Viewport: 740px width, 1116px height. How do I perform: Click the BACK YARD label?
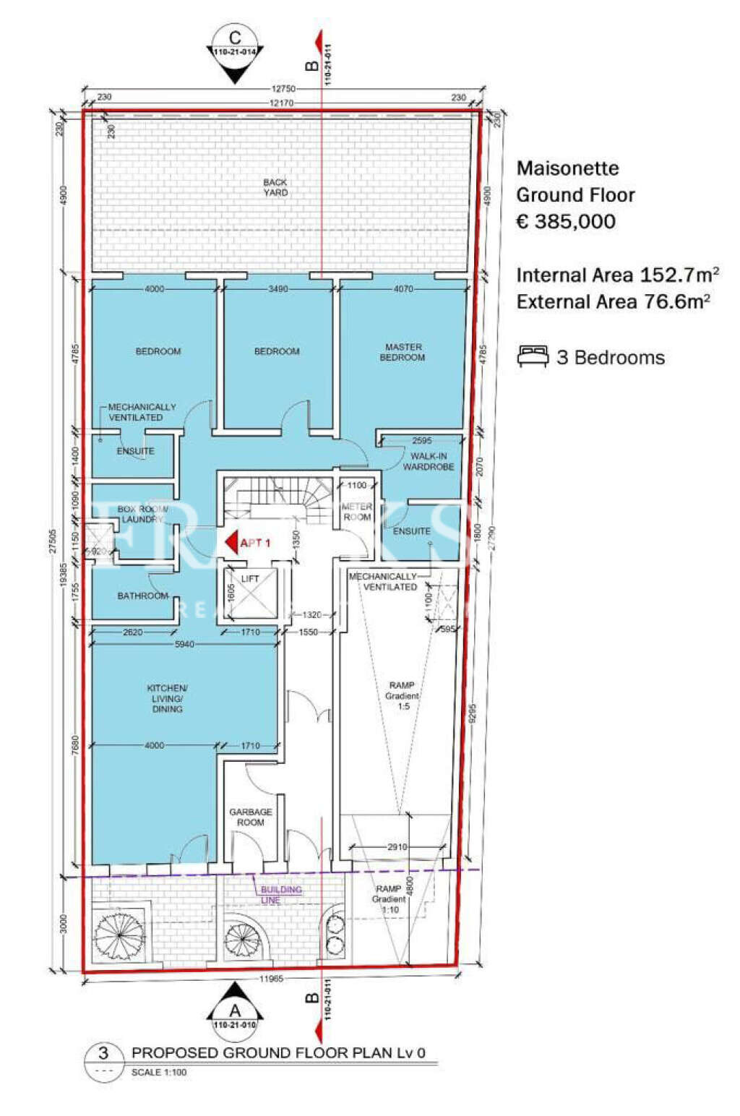coord(275,187)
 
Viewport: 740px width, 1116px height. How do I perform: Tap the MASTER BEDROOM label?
coord(403,352)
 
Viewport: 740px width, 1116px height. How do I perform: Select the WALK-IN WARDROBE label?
coord(429,462)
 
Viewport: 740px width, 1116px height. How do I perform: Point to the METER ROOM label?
coord(357,512)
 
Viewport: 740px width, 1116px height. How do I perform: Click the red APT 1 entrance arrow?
coord(232,543)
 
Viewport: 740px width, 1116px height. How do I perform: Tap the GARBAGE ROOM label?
coord(251,817)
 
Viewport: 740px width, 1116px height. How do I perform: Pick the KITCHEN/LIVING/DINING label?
coord(167,698)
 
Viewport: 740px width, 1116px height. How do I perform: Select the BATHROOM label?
coord(143,596)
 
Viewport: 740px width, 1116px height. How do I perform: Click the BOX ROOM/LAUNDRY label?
coord(142,514)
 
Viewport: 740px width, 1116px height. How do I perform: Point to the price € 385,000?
coord(566,222)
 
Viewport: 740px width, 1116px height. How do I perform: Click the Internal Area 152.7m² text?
coord(617,275)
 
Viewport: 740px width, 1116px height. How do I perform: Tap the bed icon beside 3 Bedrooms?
coord(533,356)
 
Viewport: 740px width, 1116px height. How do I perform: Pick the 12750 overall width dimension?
coord(283,89)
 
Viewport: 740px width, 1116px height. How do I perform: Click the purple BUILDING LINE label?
coord(280,894)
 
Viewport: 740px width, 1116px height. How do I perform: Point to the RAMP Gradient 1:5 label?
coord(402,695)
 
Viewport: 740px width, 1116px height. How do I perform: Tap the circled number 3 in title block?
coord(104,1053)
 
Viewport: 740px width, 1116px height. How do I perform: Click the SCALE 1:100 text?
coord(159,1072)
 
